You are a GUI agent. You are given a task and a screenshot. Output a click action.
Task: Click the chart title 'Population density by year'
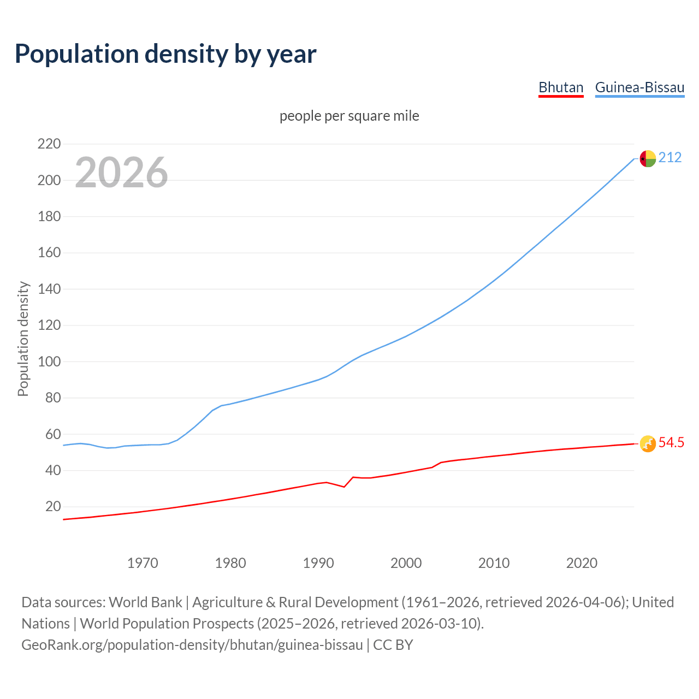165,54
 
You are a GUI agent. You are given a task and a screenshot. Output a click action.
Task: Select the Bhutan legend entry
561,87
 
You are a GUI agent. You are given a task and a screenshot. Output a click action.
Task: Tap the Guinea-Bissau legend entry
639,87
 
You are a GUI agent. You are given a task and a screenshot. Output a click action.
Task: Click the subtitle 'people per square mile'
349,116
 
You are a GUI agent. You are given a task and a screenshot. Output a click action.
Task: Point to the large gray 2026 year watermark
121,173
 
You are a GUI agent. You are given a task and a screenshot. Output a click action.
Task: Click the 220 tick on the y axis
49,144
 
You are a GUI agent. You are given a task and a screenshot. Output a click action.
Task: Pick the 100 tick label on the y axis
49,362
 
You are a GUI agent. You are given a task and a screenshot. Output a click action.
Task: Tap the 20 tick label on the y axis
53,506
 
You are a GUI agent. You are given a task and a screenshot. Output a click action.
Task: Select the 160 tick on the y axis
49,253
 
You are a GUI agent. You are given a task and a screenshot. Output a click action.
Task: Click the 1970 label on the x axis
143,563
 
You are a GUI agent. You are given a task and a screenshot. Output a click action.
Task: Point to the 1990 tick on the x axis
318,563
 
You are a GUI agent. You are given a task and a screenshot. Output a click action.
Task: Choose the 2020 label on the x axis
582,563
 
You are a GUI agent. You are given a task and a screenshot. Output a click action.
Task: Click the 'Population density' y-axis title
23,339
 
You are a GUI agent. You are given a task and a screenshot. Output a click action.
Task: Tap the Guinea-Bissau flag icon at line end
648,158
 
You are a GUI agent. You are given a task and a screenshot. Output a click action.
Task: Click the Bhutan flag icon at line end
648,443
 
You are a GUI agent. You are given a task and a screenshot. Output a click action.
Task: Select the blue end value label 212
670,158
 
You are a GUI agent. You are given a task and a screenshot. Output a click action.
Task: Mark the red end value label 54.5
671,443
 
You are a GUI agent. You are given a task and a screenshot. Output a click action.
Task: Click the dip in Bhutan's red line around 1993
344,486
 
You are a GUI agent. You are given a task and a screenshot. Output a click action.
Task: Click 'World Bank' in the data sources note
145,602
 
